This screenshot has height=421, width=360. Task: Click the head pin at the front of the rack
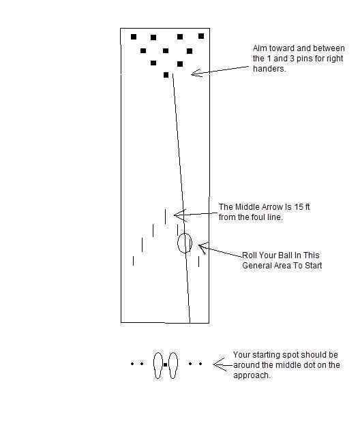[x=166, y=75]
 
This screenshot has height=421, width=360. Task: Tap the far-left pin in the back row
[x=134, y=37]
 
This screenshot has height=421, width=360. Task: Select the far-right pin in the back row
[x=201, y=36]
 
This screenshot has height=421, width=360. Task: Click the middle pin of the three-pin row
[x=166, y=50]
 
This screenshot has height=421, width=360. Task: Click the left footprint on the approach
[x=158, y=365]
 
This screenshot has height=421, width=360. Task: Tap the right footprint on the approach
[x=173, y=365]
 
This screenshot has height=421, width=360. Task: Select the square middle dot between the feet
[x=166, y=364]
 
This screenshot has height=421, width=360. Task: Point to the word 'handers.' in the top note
[x=269, y=69]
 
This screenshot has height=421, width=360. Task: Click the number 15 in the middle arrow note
[x=298, y=207]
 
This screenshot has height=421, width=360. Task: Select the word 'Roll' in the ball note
[x=250, y=255]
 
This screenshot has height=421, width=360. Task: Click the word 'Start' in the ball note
[x=313, y=266]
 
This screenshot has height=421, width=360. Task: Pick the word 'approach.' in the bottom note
[x=252, y=375]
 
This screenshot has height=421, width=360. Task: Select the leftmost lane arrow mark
[x=133, y=261]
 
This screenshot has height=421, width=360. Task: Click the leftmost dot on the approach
[x=132, y=364]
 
